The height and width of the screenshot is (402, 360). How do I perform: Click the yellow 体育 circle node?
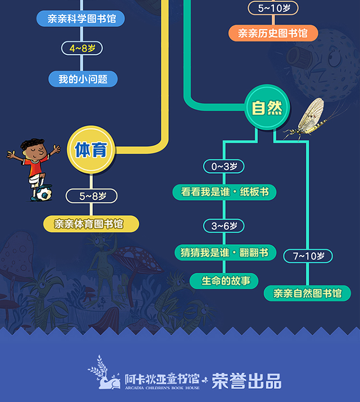[91, 150]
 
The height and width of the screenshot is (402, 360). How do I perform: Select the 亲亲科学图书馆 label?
[80, 19]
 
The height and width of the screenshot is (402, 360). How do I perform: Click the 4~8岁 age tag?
[82, 48]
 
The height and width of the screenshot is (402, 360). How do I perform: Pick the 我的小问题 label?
[83, 79]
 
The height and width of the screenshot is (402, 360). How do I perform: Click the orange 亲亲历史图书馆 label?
[273, 34]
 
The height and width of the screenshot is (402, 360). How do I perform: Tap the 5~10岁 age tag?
[273, 8]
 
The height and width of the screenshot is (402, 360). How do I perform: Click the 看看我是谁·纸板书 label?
[225, 192]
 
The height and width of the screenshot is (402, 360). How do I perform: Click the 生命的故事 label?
[224, 281]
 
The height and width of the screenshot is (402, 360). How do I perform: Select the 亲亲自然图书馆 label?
[307, 293]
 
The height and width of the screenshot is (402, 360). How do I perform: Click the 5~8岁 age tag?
[91, 196]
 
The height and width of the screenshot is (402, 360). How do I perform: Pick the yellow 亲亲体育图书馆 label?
[91, 224]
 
